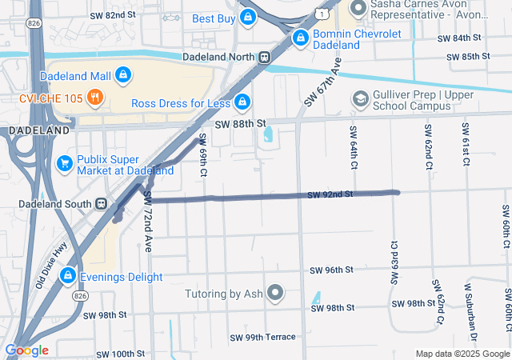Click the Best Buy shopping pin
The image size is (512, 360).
click(x=248, y=17)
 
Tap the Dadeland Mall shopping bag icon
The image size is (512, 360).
click(x=122, y=76)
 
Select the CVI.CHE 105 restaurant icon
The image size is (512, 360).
click(x=95, y=98)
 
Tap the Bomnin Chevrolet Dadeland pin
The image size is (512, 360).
click(x=301, y=38)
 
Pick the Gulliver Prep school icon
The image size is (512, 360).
click(x=360, y=98)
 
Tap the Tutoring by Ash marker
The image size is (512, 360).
click(x=276, y=294)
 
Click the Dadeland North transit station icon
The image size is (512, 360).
click(x=263, y=57)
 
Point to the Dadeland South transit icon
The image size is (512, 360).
click(x=100, y=202)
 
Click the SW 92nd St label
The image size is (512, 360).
click(x=330, y=195)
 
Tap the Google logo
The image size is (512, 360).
click(x=27, y=350)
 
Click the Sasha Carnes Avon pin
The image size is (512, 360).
click(x=358, y=9)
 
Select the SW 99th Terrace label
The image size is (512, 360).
click(x=262, y=337)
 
